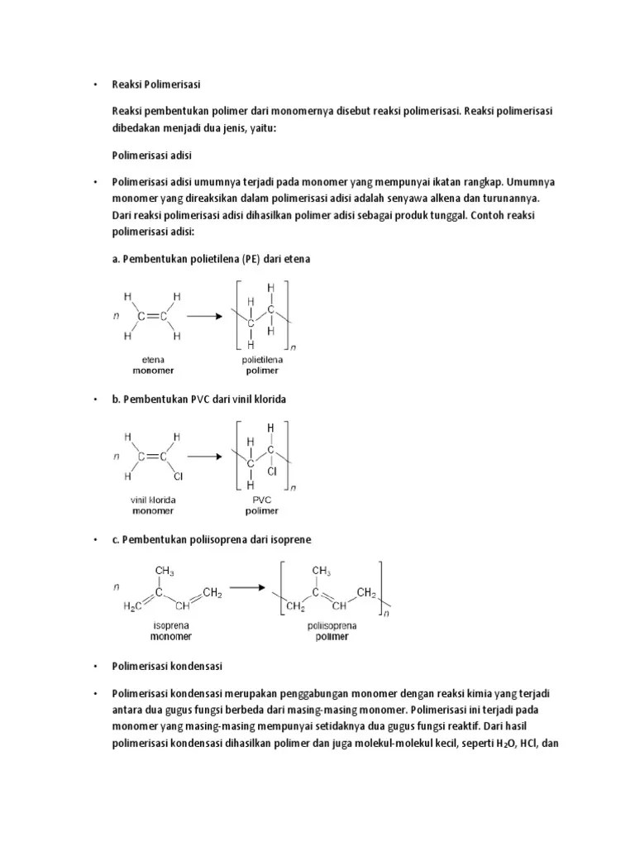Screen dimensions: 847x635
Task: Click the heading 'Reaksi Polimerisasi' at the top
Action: [x=156, y=84]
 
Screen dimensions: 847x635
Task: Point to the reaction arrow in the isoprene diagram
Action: [x=252, y=588]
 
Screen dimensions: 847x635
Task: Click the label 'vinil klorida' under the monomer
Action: [x=152, y=500]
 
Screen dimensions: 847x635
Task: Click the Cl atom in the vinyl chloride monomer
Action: [x=178, y=477]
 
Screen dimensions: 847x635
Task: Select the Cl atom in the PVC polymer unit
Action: [x=272, y=471]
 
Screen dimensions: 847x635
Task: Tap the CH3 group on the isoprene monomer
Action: [x=164, y=571]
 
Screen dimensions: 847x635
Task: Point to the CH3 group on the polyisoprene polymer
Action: [x=322, y=571]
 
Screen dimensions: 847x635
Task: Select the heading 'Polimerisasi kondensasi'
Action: [x=167, y=666]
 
